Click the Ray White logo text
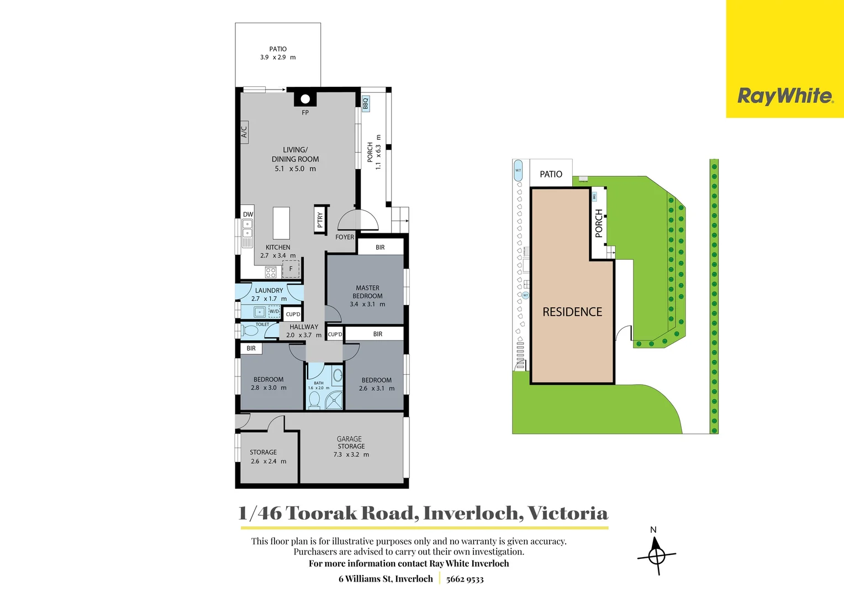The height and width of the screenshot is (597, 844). tap(785, 96)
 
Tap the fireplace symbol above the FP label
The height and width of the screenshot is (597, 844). tap(305, 99)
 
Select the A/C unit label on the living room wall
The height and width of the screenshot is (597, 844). tap(244, 132)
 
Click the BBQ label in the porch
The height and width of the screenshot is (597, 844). tap(365, 104)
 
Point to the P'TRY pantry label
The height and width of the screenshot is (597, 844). tap(320, 220)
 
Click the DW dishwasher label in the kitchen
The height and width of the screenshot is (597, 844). tap(248, 214)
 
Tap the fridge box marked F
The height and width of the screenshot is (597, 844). tap(291, 269)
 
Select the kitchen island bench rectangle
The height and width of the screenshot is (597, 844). tap(281, 223)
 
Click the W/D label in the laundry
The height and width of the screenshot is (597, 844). tap(275, 312)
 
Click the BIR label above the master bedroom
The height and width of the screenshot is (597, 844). tap(380, 248)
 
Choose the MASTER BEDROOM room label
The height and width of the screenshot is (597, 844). tap(367, 292)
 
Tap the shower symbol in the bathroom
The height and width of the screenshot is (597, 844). tap(334, 400)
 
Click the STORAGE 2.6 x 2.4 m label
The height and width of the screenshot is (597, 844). tap(263, 457)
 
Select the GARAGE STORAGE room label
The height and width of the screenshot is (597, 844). tap(351, 443)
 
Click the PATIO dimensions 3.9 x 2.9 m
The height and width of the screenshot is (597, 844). tap(278, 57)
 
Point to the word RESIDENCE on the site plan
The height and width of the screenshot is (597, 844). tap(572, 312)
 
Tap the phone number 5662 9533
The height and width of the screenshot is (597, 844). tap(465, 579)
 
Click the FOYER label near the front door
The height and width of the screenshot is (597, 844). tap(345, 237)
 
